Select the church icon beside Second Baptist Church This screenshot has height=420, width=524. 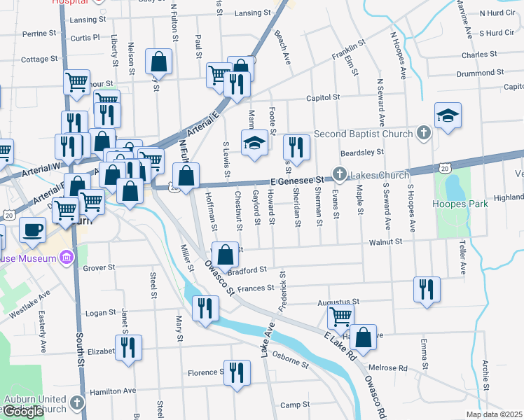(422, 132)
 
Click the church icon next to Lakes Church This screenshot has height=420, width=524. (340, 174)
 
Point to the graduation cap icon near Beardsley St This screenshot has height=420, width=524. (448, 116)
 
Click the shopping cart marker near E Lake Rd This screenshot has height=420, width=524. (340, 316)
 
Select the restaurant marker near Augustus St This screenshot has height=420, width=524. (427, 289)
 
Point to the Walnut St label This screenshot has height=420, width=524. (387, 241)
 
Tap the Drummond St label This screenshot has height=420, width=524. (476, 72)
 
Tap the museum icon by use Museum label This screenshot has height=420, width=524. (67, 259)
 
